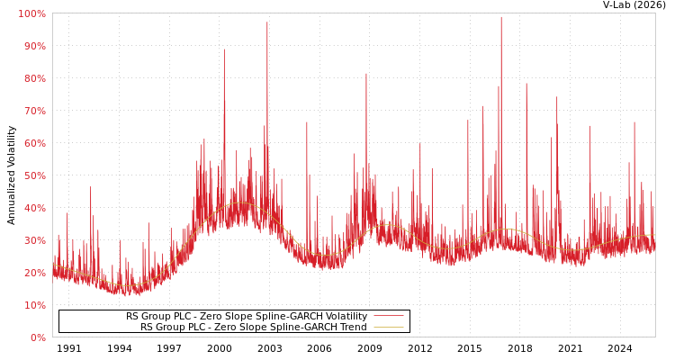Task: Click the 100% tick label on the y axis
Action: pyautogui.click(x=31, y=13)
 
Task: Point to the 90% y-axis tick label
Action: pyautogui.click(x=33, y=46)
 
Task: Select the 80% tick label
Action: pyautogui.click(x=33, y=78)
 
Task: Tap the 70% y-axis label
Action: pyautogui.click(x=33, y=111)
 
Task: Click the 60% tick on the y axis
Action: pyautogui.click(x=33, y=143)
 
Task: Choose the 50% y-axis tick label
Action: pyautogui.click(x=33, y=175)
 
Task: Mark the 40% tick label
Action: pyautogui.click(x=33, y=208)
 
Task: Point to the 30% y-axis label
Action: pyautogui.click(x=33, y=240)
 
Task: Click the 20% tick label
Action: pyautogui.click(x=33, y=273)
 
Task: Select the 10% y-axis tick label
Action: pyautogui.click(x=33, y=305)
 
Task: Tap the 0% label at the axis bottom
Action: pyautogui.click(x=37, y=337)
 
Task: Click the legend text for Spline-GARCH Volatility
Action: pyautogui.click(x=246, y=317)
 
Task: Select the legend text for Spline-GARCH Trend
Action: pyautogui.click(x=253, y=328)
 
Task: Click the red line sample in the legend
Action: pyautogui.click(x=388, y=317)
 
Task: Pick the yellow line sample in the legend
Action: pyautogui.click(x=388, y=328)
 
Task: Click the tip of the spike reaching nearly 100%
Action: pyautogui.click(x=501, y=17)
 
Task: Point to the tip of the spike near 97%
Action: pyautogui.click(x=266, y=22)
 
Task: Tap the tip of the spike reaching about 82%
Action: pyautogui.click(x=366, y=74)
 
